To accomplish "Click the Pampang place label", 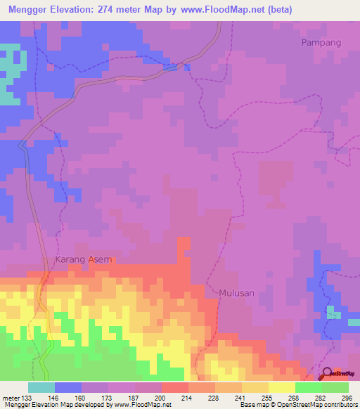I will [321, 42].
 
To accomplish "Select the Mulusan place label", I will [236, 292].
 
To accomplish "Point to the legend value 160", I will [82, 398].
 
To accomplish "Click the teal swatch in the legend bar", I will [41, 387].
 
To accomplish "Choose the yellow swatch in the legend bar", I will [281, 387].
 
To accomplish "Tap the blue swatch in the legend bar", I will [68, 387].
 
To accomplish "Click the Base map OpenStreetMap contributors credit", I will [298, 405].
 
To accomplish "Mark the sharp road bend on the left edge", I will [22, 146].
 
